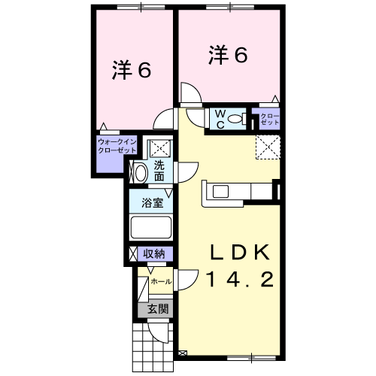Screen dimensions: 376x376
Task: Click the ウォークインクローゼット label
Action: [x=117, y=144]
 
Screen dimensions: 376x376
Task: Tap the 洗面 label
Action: [x=159, y=171]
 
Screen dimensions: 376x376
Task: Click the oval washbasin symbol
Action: [x=140, y=173]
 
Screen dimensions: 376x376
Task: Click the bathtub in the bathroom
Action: [x=153, y=228]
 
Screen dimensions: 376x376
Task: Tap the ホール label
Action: [x=161, y=281]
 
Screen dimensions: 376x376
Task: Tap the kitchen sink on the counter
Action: [x=223, y=191]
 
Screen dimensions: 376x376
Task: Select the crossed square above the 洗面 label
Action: [x=159, y=147]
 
